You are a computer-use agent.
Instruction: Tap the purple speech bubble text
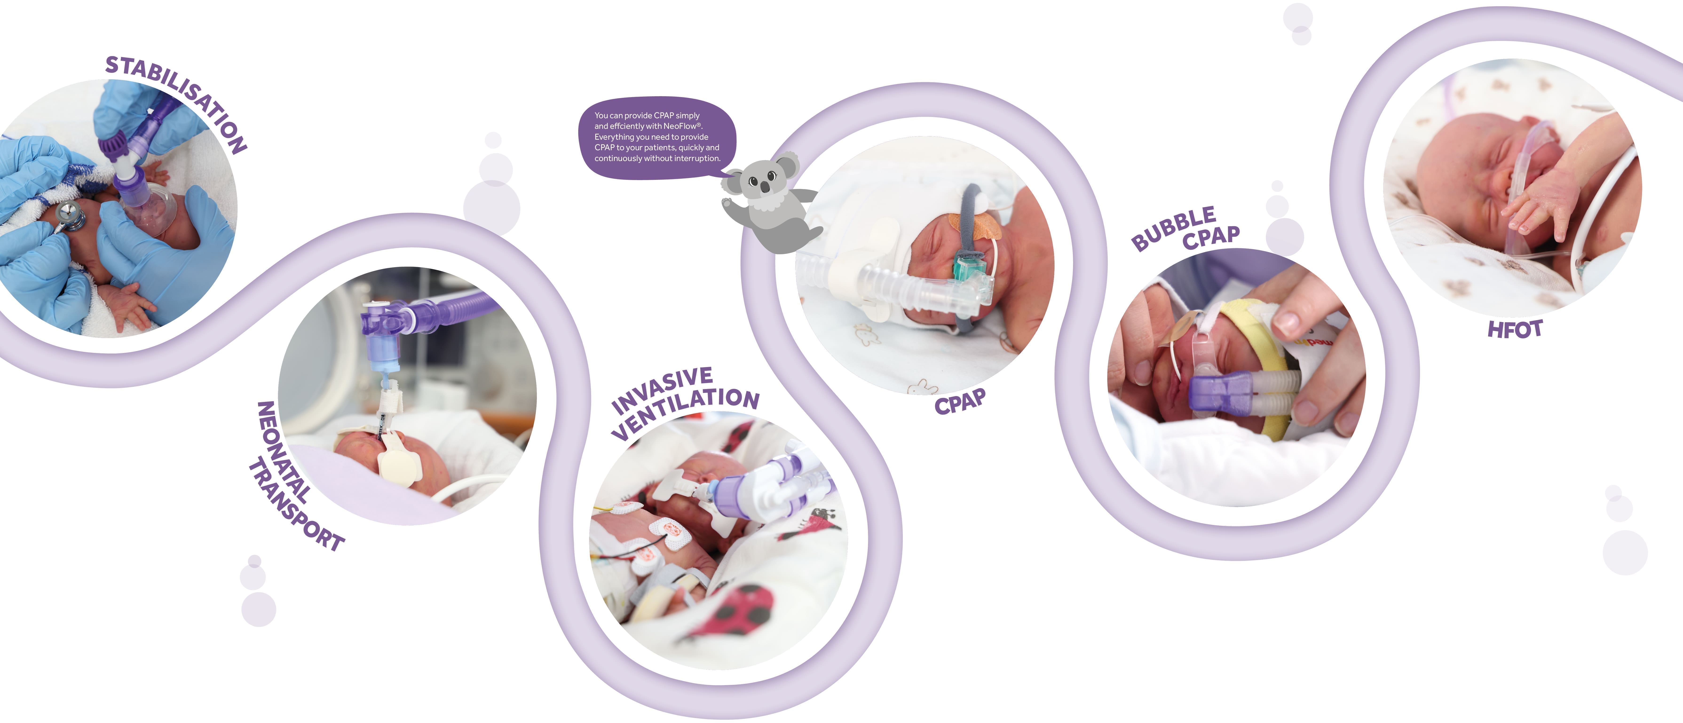(657, 137)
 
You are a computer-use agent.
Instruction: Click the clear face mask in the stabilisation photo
(154, 209)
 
